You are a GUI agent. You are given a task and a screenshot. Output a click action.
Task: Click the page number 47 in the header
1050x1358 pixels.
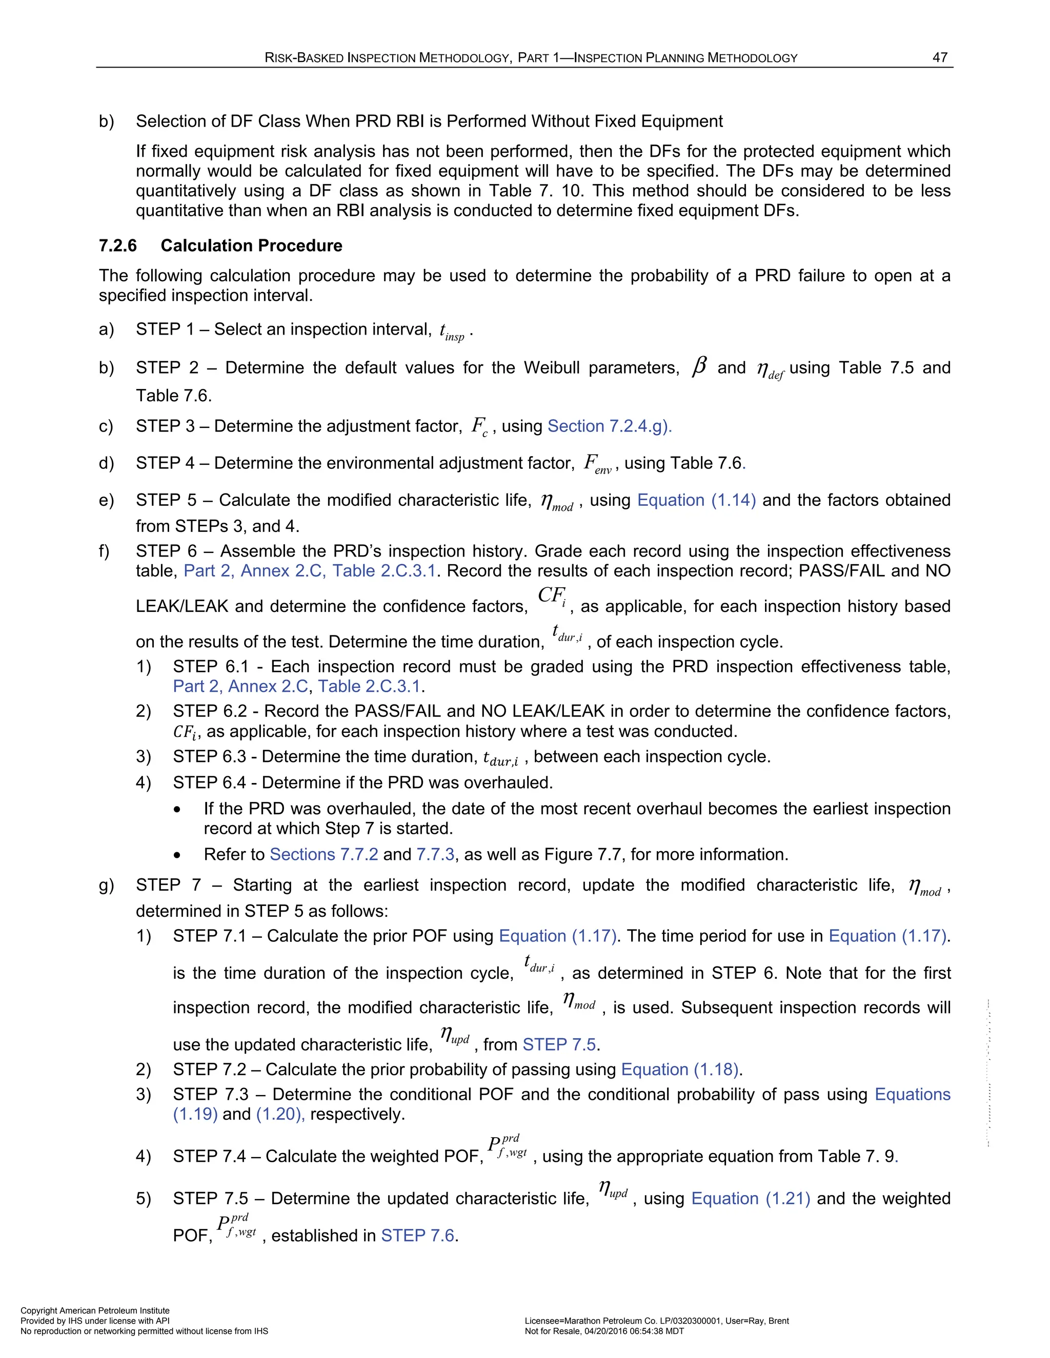pos(939,57)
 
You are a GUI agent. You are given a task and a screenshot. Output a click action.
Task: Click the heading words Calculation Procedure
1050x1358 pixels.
pos(251,245)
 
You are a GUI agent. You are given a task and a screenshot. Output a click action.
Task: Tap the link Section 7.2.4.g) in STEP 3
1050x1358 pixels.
pos(609,426)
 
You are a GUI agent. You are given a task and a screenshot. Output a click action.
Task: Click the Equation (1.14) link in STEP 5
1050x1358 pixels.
pos(696,500)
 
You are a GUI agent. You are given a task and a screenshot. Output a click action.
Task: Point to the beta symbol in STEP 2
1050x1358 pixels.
pos(699,367)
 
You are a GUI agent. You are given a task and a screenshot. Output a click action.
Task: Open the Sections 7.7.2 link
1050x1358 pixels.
pos(324,854)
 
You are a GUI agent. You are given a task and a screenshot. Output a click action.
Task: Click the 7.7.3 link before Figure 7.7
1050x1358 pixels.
pos(435,854)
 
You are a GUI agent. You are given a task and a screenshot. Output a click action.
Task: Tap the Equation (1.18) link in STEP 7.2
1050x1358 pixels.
pos(680,1069)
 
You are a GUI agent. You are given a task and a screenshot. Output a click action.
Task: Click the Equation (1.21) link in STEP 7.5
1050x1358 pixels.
pos(750,1198)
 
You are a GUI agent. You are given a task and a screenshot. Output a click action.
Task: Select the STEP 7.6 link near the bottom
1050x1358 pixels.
pos(418,1235)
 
